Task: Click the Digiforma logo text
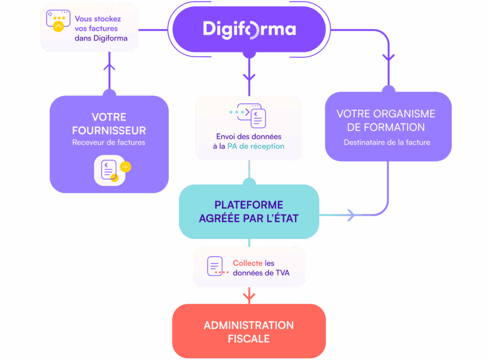click(x=249, y=29)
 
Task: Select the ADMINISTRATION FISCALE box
click(x=248, y=332)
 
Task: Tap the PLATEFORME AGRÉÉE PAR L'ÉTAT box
click(x=248, y=212)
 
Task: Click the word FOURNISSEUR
click(x=109, y=130)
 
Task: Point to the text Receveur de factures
click(x=109, y=142)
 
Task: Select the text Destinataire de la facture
click(x=386, y=142)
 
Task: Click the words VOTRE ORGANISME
click(x=386, y=114)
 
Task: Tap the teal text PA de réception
click(x=255, y=146)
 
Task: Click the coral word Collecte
click(x=247, y=263)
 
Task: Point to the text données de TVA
click(x=261, y=273)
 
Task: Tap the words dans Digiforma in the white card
click(x=101, y=38)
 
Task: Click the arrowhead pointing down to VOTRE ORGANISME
click(x=388, y=57)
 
